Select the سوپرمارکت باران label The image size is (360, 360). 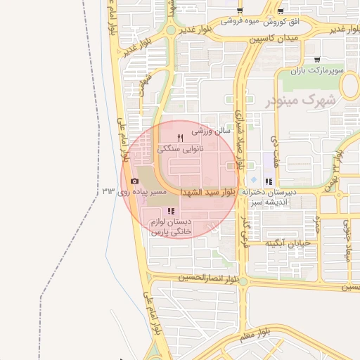pos(319,71)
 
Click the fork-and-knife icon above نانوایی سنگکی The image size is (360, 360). pos(181,138)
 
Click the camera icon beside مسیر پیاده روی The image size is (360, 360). pos(135,181)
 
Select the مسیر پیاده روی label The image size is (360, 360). pos(160,191)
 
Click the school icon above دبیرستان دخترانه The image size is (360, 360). pos(268,181)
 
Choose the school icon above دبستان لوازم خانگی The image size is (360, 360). pos(170,211)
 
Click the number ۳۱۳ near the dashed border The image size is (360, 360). pos(108,191)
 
